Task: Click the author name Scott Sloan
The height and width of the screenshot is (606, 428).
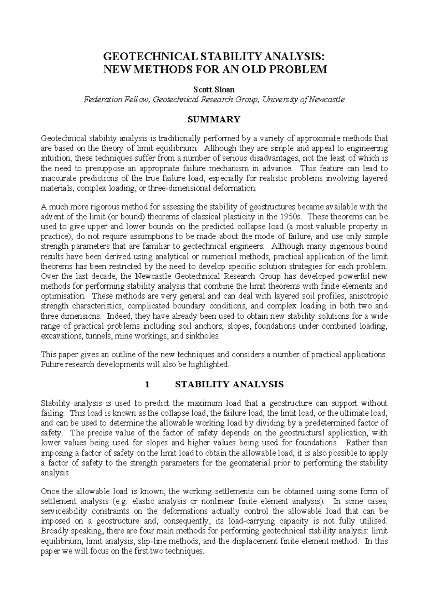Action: pos(214,90)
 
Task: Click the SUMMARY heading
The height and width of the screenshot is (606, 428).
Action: pos(214,120)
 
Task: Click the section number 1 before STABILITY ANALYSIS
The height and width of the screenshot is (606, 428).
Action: pos(146,384)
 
